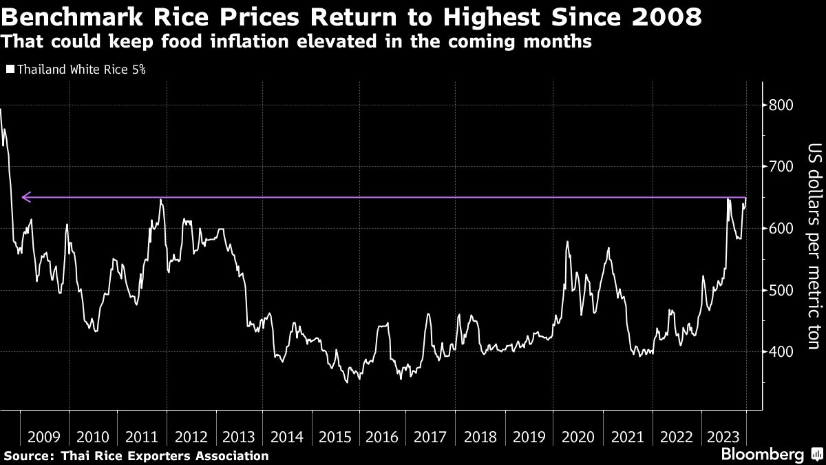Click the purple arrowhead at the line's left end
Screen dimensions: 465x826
pos(26,198)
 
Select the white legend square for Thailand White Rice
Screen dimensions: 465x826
pos(10,70)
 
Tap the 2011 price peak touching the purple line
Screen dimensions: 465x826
pos(160,200)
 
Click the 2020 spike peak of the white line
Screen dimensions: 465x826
pos(566,242)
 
